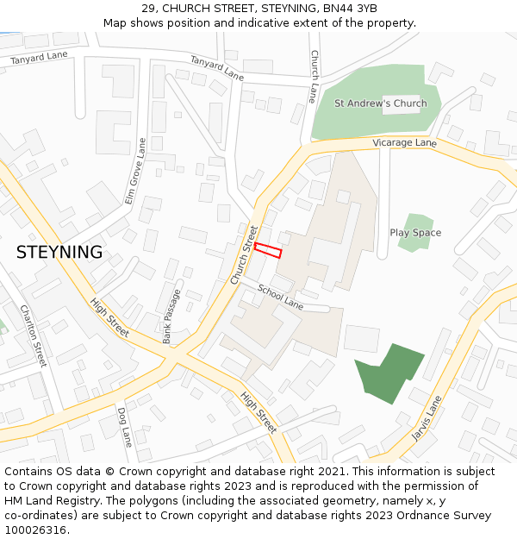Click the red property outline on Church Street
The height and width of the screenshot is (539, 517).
(x=268, y=249)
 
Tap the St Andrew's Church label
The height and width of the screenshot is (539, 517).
(x=380, y=103)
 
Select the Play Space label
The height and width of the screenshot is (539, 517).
(x=415, y=233)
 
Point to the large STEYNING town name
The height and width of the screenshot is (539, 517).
(x=59, y=253)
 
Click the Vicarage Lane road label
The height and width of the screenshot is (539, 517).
(x=404, y=142)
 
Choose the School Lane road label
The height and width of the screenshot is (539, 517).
(x=280, y=298)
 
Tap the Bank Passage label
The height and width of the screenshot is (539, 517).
(x=172, y=316)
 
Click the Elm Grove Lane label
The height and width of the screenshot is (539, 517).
(x=136, y=170)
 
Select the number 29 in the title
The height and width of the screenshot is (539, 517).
(x=149, y=9)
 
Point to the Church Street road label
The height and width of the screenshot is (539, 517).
(x=244, y=255)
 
